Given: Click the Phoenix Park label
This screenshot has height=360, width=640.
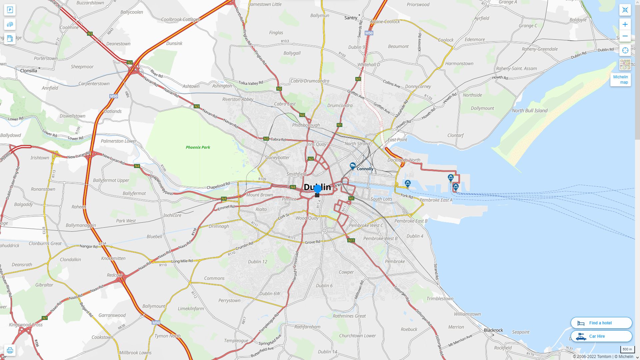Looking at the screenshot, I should point(198,147).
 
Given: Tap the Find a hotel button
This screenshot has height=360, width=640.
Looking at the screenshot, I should point(601,323).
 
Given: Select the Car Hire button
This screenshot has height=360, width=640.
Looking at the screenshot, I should point(601,336).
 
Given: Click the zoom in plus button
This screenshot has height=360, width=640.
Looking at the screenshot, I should point(625,24).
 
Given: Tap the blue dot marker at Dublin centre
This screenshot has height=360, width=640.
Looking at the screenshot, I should point(317,189).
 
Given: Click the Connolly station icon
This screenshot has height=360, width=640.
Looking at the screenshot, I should point(353,165).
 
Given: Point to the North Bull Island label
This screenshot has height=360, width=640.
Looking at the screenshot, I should point(530,111).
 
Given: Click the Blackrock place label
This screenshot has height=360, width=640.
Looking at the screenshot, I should point(493,330).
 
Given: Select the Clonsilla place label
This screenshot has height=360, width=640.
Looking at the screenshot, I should point(29,71).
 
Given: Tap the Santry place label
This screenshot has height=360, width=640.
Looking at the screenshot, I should point(351,18).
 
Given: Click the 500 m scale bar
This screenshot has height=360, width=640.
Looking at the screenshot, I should point(627,350).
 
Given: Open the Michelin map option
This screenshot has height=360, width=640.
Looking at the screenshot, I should point(620,80).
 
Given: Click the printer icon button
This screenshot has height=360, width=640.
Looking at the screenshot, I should point(10,350).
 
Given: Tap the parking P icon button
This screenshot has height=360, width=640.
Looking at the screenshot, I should point(10,10).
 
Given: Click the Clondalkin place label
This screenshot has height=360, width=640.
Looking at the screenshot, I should point(70,259).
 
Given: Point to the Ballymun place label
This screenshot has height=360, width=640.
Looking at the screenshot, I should point(320,16).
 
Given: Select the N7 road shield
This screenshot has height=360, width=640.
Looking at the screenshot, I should point(45,318).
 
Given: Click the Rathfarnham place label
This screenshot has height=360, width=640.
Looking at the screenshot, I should point(307,327).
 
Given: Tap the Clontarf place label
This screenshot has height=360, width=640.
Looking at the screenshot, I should point(455,135).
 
